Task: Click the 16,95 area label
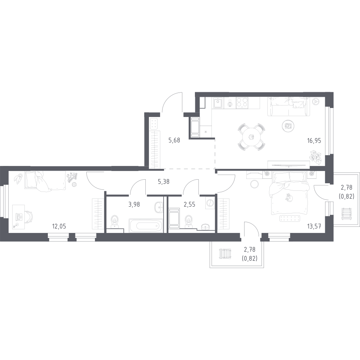[x=314, y=140]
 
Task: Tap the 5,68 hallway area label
[x=174, y=140]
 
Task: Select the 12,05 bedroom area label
[x=59, y=226]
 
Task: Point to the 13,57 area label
[x=314, y=226]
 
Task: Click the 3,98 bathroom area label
[x=134, y=204]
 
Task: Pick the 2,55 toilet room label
[x=190, y=204]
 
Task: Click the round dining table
[x=252, y=137]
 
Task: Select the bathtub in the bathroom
[x=146, y=225]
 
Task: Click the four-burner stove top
[x=242, y=103]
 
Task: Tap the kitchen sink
[x=218, y=103]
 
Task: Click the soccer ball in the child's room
[x=75, y=184]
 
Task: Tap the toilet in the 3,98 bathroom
[x=115, y=221]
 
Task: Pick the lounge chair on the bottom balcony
[x=225, y=253]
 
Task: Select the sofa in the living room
[x=289, y=107]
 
